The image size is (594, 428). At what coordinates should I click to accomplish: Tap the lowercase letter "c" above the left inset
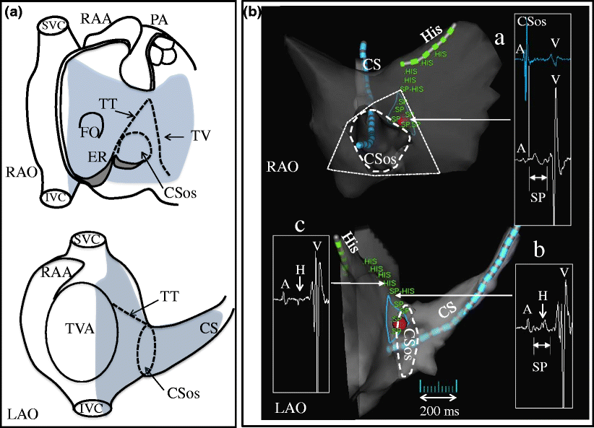coord(300,224)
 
